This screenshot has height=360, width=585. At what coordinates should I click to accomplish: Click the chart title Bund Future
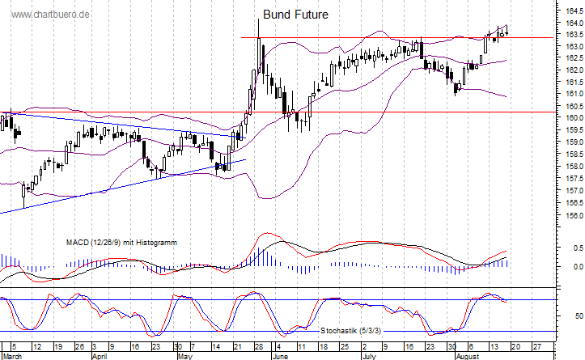tap(296, 15)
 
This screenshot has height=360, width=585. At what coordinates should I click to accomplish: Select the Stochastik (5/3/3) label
tap(350, 331)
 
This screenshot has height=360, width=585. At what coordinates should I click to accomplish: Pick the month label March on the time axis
tap(12, 355)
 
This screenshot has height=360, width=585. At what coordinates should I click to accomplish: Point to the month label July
tap(368, 355)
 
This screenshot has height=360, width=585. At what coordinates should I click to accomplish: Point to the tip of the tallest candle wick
tap(259, 18)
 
